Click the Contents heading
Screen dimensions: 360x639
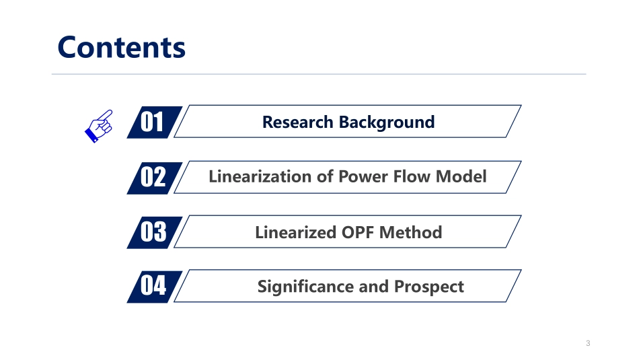coord(121,47)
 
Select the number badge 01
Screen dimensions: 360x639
coord(153,122)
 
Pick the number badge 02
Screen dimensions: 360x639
coord(153,177)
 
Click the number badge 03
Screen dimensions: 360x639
coord(153,232)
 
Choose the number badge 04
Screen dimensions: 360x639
coord(153,287)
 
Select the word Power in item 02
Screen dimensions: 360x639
coord(360,177)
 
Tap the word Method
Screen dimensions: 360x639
coord(410,232)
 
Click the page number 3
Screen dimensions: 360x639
coord(588,344)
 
